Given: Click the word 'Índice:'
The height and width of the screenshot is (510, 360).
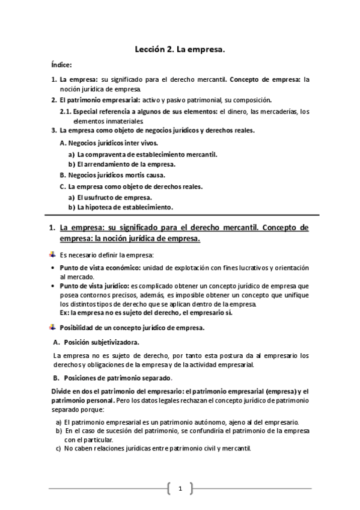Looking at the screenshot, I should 62,64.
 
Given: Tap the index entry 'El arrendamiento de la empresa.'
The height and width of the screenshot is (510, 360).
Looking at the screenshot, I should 126,164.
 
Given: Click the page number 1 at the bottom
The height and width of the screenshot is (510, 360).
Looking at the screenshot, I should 180,488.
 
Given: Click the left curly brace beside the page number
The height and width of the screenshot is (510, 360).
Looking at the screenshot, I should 170,488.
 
